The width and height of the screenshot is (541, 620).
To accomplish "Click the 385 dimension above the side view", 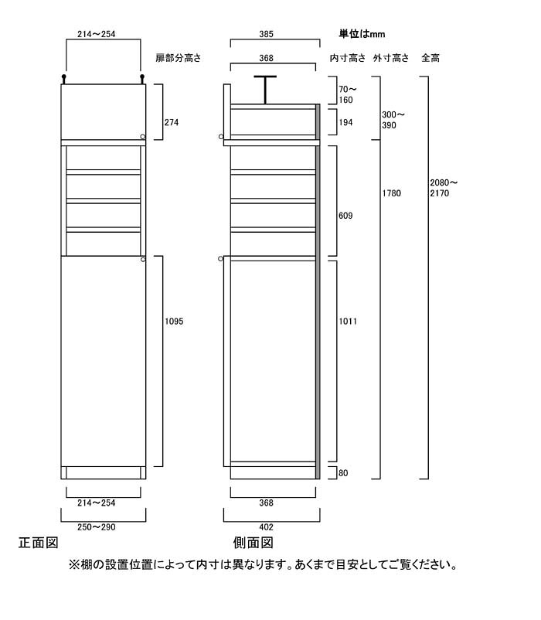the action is pos(266,34).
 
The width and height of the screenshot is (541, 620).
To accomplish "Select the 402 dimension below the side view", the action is pos(266,527).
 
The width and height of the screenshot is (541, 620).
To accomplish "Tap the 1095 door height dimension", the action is pos(174,322).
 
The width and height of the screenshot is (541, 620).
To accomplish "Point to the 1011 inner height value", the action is pos(348,322).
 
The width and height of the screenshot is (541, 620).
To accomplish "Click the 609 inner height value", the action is pos(345,216).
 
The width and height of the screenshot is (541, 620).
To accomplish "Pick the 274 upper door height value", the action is pos(172,123).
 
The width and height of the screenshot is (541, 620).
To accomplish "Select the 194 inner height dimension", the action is pos(345,123).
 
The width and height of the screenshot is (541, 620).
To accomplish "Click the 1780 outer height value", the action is pos(391,193).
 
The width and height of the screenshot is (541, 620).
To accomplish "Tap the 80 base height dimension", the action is pos(343,473).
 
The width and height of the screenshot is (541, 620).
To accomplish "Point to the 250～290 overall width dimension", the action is pos(97,527).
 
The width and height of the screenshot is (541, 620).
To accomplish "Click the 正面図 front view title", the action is pos(39,543).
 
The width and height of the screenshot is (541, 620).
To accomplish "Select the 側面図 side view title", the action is pos(253,543).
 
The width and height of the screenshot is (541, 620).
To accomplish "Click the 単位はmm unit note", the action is pos(362,34).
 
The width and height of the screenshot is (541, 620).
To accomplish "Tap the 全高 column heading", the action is pos(430,58).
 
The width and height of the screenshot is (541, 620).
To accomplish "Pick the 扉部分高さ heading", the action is pos(179,58).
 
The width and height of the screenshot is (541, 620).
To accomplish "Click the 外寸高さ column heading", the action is pos(391,58).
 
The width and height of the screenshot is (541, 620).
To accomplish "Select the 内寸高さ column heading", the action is pos(348,58).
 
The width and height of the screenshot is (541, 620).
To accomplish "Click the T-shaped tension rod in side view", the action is pos(265,90).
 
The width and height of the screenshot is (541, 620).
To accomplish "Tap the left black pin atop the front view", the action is pos(63,79).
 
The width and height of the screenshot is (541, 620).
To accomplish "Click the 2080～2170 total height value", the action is pos(444,188).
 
